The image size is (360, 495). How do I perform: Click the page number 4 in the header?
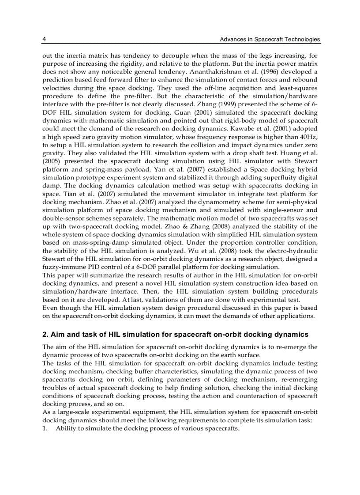tap(44, 39)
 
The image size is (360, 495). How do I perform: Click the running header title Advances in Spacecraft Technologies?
tap(270, 39)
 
